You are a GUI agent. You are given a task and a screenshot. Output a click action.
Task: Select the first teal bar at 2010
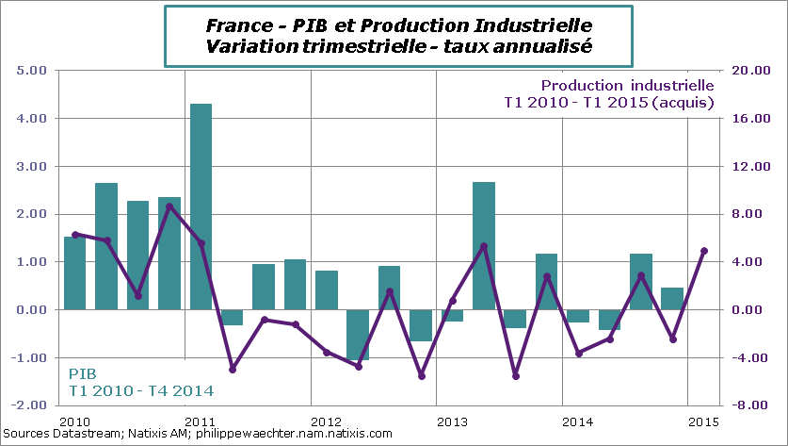click(74, 273)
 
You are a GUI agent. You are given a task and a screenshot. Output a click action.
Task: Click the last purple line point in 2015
click(703, 251)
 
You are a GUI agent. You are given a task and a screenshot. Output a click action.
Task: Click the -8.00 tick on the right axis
click(748, 405)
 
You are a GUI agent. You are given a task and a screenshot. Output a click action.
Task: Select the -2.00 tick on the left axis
click(31, 405)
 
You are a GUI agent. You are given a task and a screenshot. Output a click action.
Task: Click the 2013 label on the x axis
click(452, 420)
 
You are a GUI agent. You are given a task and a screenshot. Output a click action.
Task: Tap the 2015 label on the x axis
click(704, 420)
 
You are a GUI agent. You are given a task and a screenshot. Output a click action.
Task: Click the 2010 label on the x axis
click(73, 420)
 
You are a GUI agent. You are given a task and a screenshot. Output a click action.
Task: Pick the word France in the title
click(231, 23)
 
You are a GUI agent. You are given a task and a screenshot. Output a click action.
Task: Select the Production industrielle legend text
click(627, 85)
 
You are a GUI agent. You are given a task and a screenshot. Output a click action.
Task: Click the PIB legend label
click(82, 373)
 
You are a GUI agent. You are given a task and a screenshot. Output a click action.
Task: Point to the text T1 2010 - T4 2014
click(139, 390)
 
